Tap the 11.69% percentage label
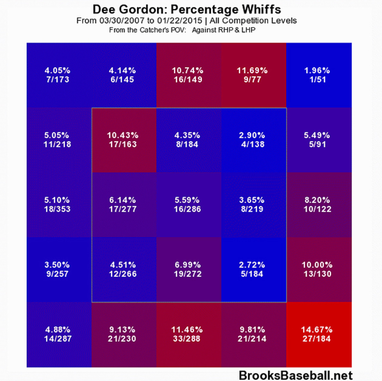pos(252,71)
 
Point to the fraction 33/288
pos(187,339)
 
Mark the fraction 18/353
pos(57,209)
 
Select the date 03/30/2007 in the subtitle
pos(122,21)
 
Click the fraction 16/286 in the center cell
pos(187,209)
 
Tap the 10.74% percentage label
pos(187,71)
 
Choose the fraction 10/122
pos(317,209)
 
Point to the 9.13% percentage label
pos(122,330)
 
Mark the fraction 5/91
pos(317,144)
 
